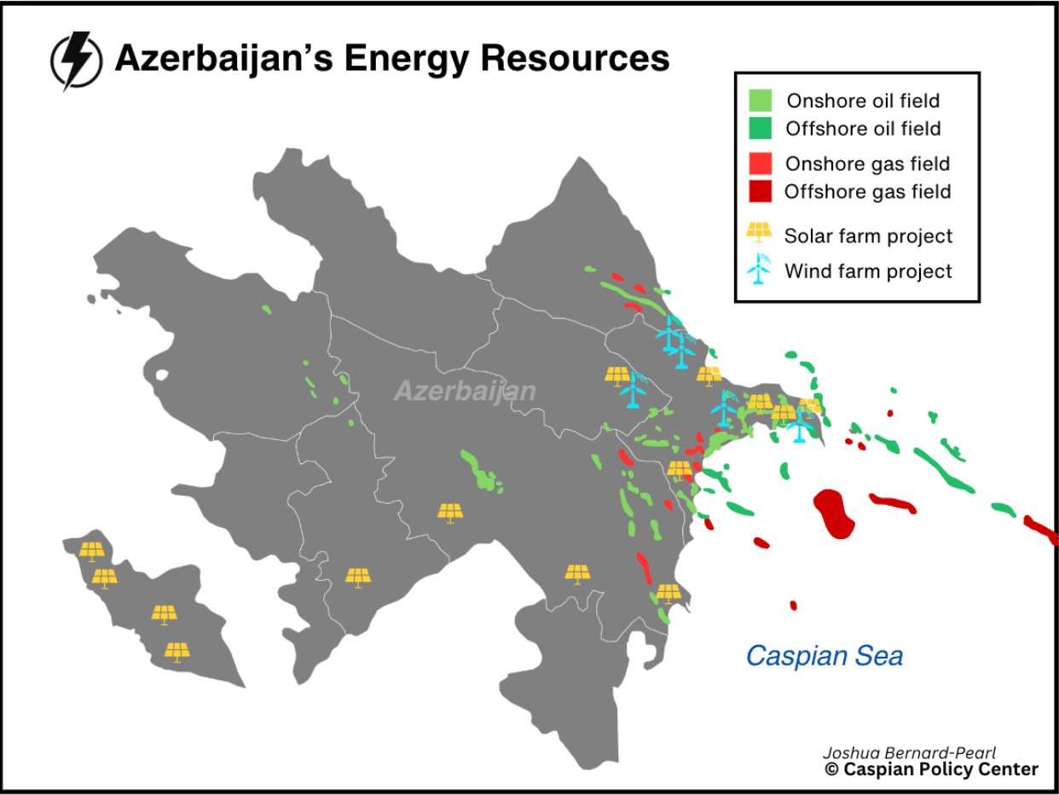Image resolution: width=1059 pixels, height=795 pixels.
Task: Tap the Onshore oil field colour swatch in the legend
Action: (761, 100)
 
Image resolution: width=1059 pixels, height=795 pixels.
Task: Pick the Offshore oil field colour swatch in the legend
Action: (761, 129)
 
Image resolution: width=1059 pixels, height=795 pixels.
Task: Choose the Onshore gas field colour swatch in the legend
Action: (761, 163)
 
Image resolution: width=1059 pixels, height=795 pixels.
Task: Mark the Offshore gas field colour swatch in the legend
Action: (761, 191)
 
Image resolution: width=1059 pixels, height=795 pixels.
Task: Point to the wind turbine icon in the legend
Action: (757, 270)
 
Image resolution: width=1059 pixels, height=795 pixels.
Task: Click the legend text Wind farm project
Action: (868, 271)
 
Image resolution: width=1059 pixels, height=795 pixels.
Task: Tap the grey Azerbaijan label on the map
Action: (465, 391)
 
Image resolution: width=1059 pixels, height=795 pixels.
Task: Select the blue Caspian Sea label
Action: (824, 655)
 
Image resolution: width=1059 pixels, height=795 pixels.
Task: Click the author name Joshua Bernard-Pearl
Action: (909, 753)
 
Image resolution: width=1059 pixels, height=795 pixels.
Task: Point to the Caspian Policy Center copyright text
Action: (931, 769)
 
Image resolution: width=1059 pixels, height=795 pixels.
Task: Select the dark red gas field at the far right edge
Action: (1042, 529)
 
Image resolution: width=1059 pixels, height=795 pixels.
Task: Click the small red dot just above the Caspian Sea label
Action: (793, 606)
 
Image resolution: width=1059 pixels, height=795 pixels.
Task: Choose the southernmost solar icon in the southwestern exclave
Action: (176, 652)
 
